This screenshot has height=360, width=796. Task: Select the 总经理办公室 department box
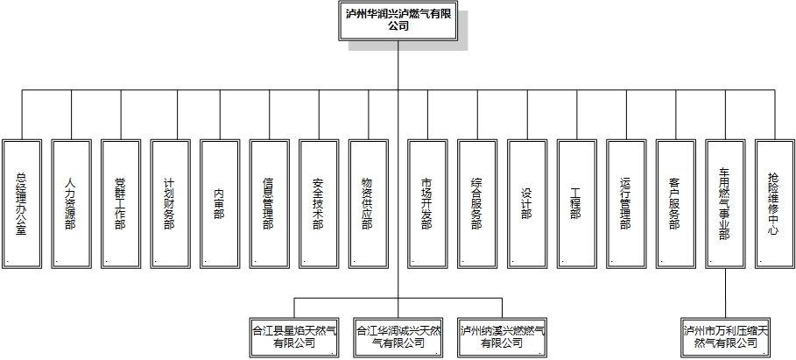pos(22,202)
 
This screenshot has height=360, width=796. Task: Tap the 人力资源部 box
pos(71,202)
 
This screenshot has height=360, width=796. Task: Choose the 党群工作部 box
pos(121,202)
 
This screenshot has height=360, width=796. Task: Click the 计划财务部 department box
pos(170,202)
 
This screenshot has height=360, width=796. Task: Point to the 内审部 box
pos(220,202)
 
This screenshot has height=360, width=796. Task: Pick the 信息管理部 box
pos(269,202)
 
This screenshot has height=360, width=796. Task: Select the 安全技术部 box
pos(319,202)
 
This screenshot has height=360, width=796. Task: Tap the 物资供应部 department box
pos(368,202)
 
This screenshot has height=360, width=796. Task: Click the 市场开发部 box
pos(426,202)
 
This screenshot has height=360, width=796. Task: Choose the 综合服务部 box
pos(476,202)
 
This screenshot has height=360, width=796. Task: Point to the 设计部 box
pos(526,202)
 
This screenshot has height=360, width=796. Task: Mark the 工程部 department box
pos(576,202)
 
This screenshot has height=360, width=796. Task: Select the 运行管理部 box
pos(625,202)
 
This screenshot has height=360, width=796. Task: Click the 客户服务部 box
pos(675,202)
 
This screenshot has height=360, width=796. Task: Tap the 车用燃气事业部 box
pos(725,202)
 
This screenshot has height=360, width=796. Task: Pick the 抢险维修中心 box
pos(774,202)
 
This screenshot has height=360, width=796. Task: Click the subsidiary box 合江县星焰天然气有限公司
pos(293,337)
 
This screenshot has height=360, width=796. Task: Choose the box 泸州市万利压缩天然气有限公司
pos(727,337)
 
